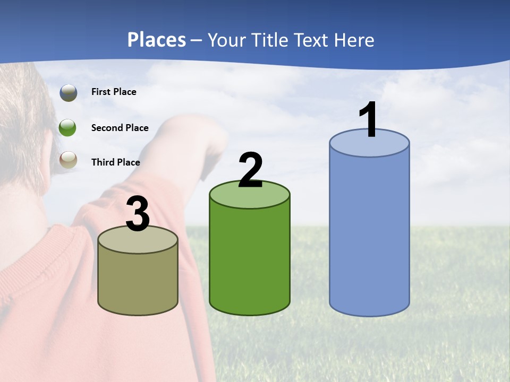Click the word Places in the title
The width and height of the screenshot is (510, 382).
[x=157, y=40]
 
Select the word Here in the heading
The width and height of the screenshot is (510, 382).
[x=355, y=40]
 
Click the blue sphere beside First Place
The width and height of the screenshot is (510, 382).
[x=68, y=92]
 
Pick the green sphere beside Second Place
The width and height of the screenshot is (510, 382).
[x=68, y=128]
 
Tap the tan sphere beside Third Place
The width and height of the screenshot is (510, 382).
[x=68, y=159]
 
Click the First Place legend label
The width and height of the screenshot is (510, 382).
[x=114, y=92]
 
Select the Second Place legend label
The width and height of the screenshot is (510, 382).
[x=120, y=128]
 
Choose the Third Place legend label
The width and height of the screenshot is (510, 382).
[x=115, y=162]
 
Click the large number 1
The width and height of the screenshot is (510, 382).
[x=369, y=120]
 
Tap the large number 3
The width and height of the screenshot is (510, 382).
[x=138, y=214]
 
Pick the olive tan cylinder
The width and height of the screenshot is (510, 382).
[x=138, y=281]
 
